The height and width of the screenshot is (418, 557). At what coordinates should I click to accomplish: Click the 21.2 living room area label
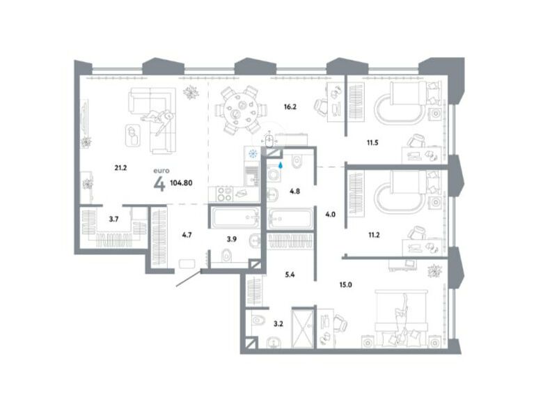tap(120, 168)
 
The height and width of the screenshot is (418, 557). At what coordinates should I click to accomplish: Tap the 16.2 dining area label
tap(290, 107)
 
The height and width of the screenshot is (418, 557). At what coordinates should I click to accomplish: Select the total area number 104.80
tap(181, 183)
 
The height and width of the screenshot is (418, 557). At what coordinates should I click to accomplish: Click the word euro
tap(162, 171)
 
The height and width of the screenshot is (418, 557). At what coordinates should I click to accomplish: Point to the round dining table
tap(242, 109)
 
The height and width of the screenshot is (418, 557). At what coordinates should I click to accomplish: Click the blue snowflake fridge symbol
tap(253, 154)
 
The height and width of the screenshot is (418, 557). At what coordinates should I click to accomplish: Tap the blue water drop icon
tap(281, 165)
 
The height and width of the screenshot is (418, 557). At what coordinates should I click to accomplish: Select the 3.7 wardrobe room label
tap(113, 219)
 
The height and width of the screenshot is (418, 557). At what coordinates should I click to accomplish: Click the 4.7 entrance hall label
tap(187, 235)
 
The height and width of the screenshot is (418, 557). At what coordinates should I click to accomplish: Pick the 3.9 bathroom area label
tap(232, 239)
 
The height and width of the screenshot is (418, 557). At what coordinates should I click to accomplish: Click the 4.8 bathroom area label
tap(295, 191)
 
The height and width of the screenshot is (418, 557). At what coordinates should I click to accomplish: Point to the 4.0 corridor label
tap(330, 215)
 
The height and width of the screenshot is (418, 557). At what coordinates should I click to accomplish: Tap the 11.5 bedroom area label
tap(372, 143)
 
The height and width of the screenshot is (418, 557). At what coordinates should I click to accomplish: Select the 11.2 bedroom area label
tap(374, 235)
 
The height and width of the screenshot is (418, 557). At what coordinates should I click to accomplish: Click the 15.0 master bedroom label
tap(345, 285)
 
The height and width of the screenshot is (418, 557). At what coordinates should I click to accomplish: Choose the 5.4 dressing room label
tap(290, 274)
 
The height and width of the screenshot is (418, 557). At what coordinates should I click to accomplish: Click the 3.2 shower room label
tap(278, 324)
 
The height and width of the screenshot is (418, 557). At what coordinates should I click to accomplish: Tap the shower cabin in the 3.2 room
tap(303, 327)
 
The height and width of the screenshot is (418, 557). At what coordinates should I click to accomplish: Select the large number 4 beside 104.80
tap(159, 184)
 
